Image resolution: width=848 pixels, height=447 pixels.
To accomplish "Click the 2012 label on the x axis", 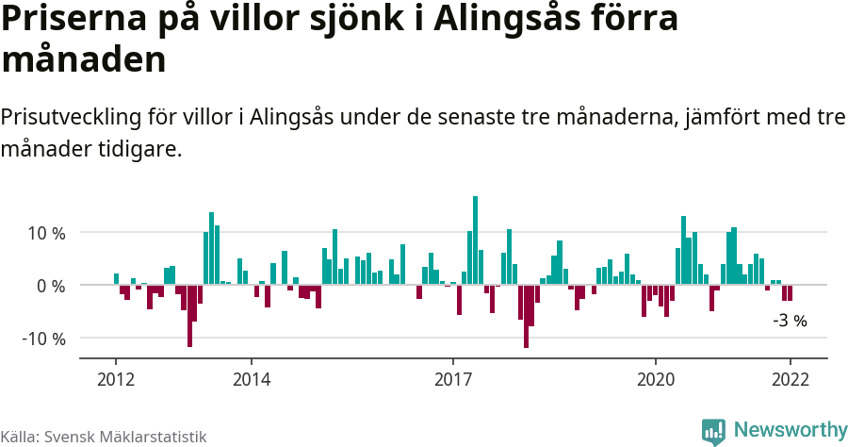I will click(116, 379).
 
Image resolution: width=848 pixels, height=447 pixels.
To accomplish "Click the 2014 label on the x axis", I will click(251, 379).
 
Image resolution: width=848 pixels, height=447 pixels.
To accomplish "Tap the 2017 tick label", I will click(453, 379).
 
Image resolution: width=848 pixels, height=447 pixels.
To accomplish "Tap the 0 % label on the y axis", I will click(51, 285).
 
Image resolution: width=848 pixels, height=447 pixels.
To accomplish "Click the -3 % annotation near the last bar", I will click(790, 321).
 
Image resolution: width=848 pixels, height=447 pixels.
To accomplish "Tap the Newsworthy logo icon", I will click(713, 431).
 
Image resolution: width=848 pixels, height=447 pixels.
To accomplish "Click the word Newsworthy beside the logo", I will click(791, 430).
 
